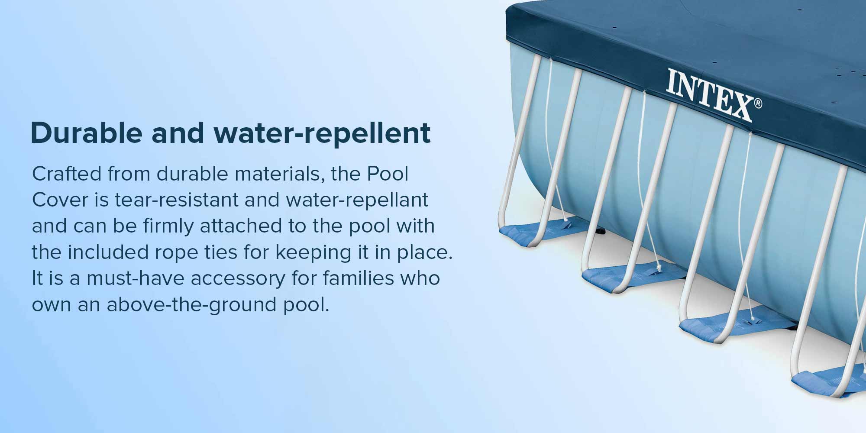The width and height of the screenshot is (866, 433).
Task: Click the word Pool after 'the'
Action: pyautogui.click(x=388, y=174)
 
